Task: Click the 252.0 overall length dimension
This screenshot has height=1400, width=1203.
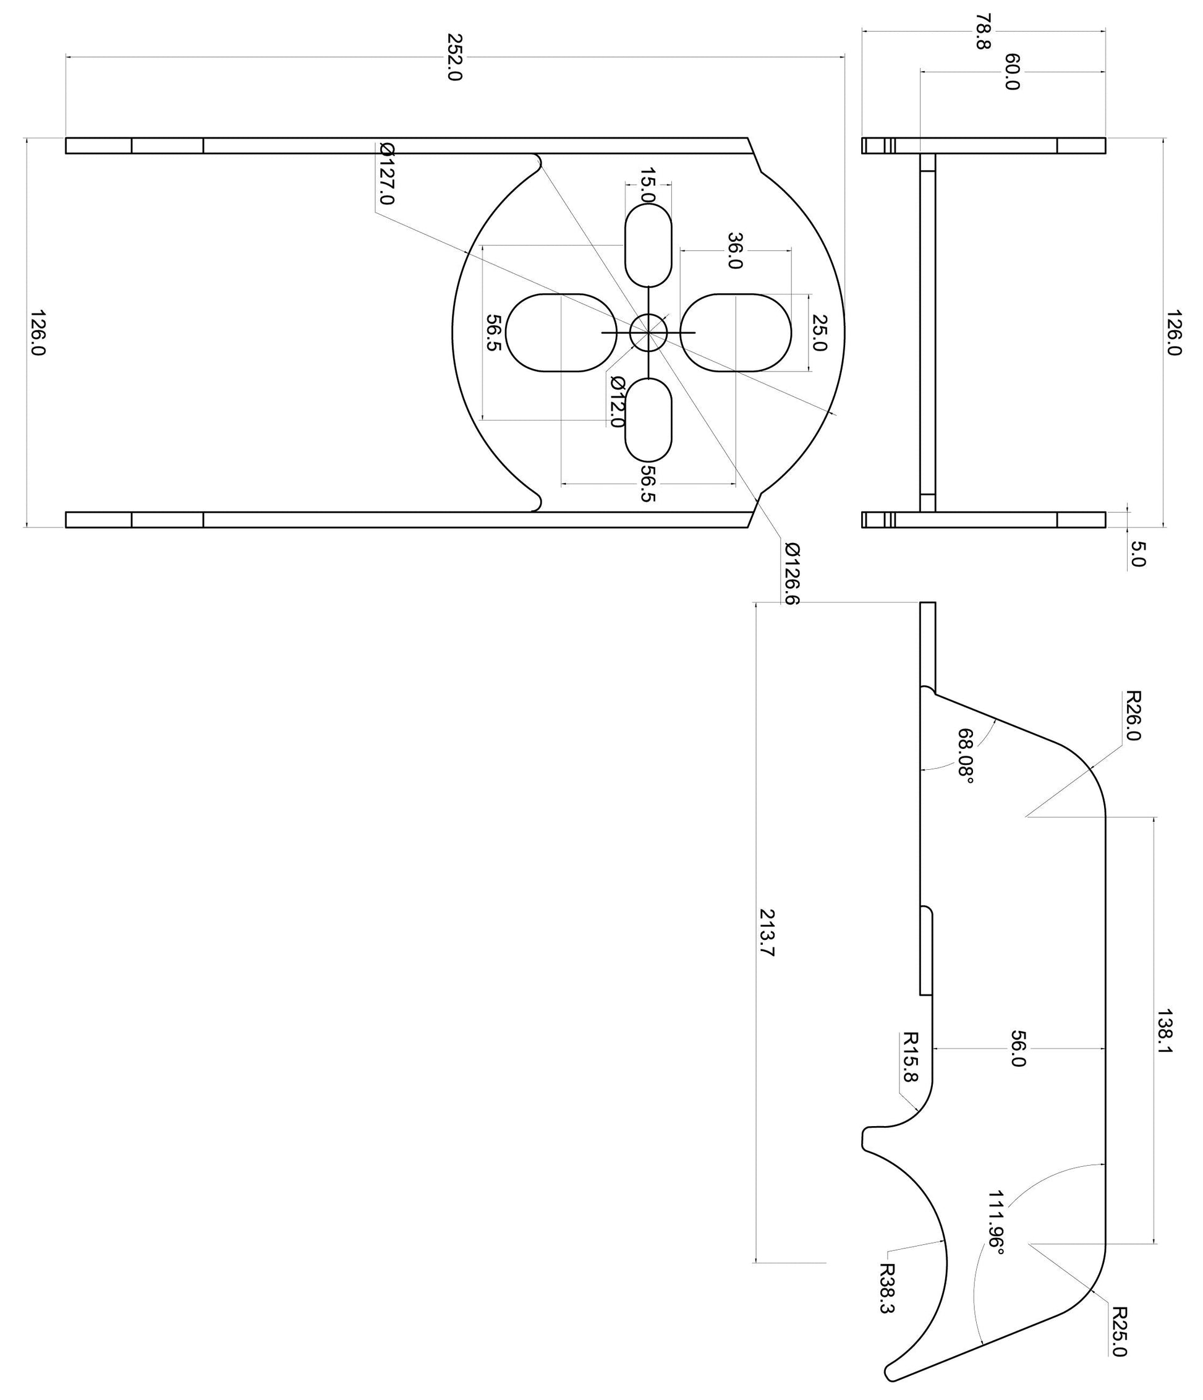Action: [x=454, y=58]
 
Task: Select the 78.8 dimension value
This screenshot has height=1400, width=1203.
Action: [x=983, y=31]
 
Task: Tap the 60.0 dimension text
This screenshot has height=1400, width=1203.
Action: [x=1012, y=72]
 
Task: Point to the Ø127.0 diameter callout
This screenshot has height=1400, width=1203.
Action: [x=386, y=173]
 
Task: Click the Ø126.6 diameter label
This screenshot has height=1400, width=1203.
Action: [x=792, y=573]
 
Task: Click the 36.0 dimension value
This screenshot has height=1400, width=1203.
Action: [x=735, y=250]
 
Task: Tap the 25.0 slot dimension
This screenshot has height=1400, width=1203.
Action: [x=818, y=333]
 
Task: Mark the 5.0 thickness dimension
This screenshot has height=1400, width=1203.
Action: [x=1137, y=553]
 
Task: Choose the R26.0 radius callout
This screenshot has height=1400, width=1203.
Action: [x=1133, y=715]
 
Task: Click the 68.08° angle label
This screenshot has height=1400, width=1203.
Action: [x=967, y=756]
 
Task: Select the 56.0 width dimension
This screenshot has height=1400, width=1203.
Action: [x=1018, y=1049]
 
